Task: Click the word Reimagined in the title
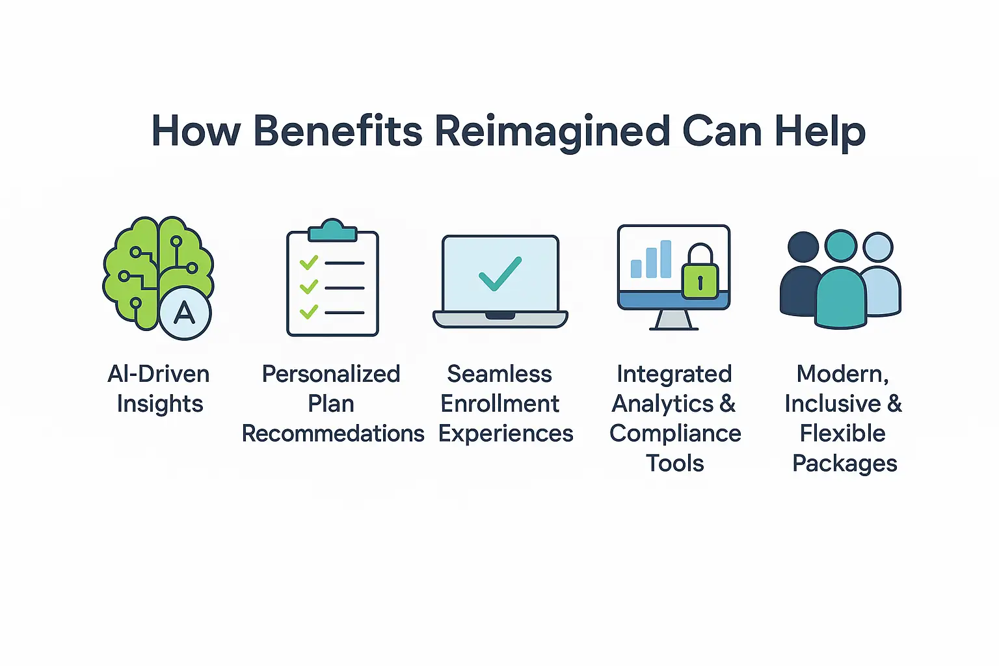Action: [552, 131]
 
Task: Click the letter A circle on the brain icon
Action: [185, 313]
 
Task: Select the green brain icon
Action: [146, 267]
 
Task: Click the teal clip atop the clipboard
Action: [332, 230]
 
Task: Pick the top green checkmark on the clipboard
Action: [308, 262]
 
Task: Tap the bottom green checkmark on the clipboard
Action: [308, 312]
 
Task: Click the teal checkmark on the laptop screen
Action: [499, 273]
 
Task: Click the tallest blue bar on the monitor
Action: [665, 259]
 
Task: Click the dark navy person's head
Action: [803, 247]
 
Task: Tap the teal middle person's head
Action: [841, 246]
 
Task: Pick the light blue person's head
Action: [878, 247]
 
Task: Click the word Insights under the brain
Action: [160, 404]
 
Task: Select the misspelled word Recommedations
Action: [333, 433]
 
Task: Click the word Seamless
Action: [499, 374]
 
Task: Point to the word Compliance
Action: [675, 433]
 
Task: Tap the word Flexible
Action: [843, 433]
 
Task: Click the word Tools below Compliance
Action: [675, 463]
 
